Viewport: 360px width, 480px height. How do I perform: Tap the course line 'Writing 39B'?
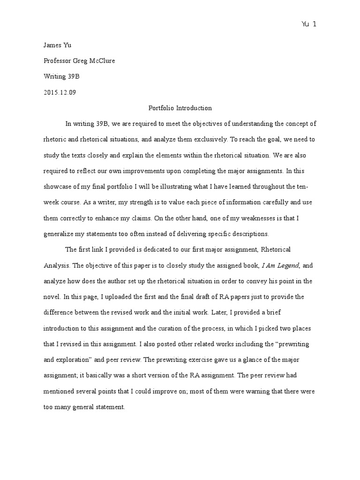[59, 76]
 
